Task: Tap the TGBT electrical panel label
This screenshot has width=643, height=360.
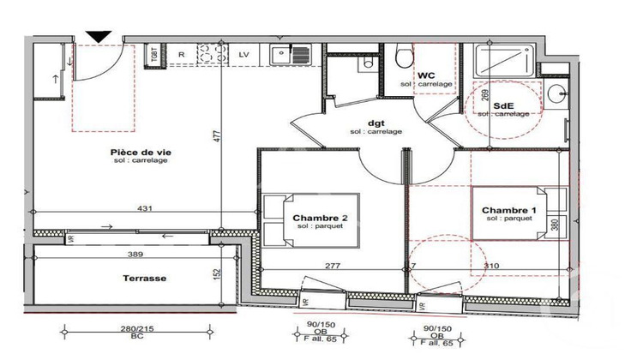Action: click(155, 54)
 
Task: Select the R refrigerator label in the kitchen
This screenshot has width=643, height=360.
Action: click(182, 54)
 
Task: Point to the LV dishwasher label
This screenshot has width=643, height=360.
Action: click(243, 54)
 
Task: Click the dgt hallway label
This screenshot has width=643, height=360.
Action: click(376, 122)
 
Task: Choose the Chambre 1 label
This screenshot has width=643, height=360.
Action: click(508, 210)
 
